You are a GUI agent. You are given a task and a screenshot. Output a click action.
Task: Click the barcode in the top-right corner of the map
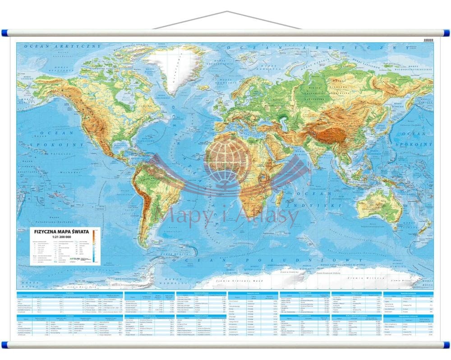click(x=428, y=41)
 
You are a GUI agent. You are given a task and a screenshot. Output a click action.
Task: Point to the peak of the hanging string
click(x=225, y=12)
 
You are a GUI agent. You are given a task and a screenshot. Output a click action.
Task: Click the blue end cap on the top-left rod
click(x=4, y=33)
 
